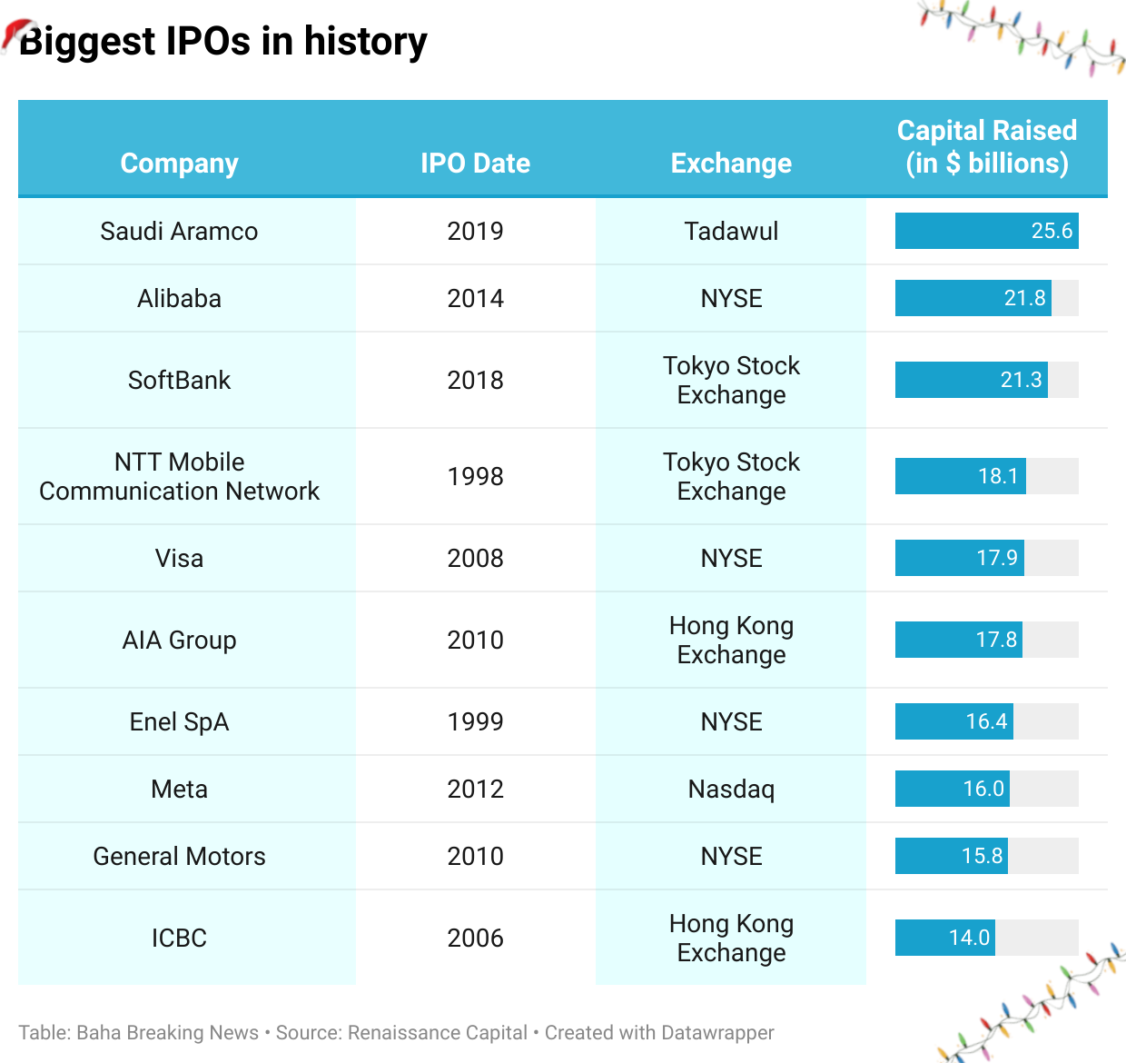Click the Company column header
pyautogui.click(x=179, y=164)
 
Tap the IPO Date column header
pyautogui.click(x=475, y=164)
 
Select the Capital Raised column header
pyautogui.click(x=986, y=147)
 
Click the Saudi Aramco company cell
pyautogui.click(x=179, y=232)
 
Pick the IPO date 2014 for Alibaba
pyautogui.click(x=475, y=299)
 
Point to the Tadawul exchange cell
pyautogui.click(x=731, y=232)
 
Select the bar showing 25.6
pyautogui.click(x=986, y=231)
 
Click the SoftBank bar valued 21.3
pyautogui.click(x=971, y=380)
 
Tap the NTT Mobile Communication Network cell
pyautogui.click(x=179, y=476)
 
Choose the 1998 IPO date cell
pyautogui.click(x=475, y=476)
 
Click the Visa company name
pyautogui.click(x=179, y=559)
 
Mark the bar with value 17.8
pyautogui.click(x=958, y=640)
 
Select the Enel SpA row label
pyautogui.click(x=179, y=722)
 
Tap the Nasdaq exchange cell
pyautogui.click(x=731, y=790)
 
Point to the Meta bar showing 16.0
pyautogui.click(x=952, y=789)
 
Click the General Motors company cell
pyautogui.click(x=179, y=857)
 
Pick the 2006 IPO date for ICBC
pyautogui.click(x=475, y=939)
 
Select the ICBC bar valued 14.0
pyautogui.click(x=944, y=938)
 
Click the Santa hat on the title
pyautogui.click(x=17, y=34)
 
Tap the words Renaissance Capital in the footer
pyautogui.click(x=437, y=1033)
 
